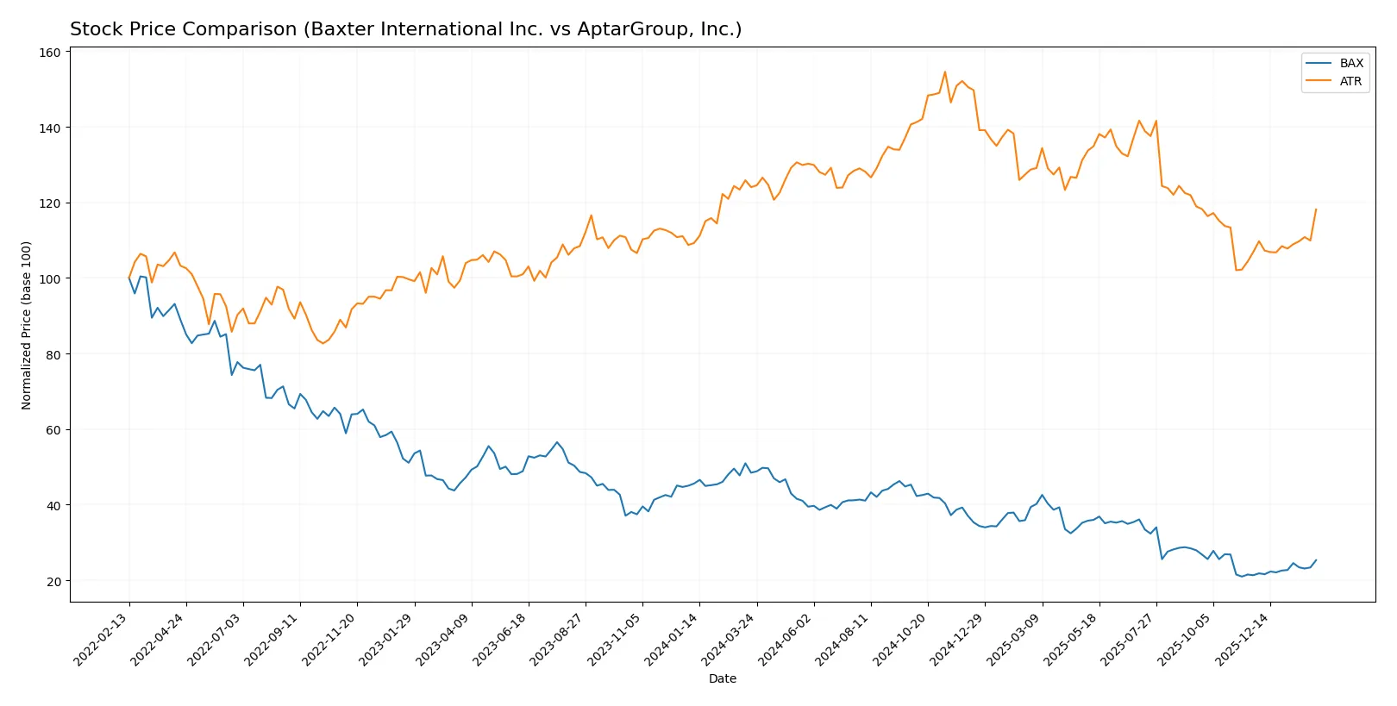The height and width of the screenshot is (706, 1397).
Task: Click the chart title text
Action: [405, 29]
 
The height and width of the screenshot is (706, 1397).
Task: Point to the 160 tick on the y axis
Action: [51, 53]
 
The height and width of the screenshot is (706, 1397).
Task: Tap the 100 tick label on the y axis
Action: [51, 279]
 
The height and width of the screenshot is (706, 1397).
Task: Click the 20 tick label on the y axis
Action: [53, 581]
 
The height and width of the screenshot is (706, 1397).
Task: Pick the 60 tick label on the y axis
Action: [53, 430]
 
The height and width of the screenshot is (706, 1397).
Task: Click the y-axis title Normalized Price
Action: [27, 325]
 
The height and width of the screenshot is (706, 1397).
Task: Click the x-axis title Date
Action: [722, 678]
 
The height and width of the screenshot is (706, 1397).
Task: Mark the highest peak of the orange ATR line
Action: [945, 72]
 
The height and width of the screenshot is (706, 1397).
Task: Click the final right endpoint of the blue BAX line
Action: [1316, 560]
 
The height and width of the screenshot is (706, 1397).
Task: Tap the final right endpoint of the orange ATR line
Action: [1316, 209]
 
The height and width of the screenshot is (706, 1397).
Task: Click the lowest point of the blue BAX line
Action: [1242, 577]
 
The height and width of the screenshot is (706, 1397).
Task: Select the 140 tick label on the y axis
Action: [51, 128]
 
